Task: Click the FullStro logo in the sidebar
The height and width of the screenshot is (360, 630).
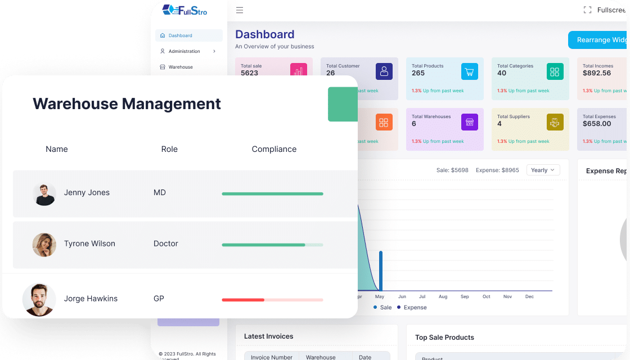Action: coord(184,10)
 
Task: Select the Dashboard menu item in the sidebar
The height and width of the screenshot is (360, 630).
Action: coord(180,35)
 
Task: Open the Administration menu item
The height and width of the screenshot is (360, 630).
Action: coord(184,51)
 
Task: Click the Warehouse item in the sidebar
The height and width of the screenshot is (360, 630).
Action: coord(181,67)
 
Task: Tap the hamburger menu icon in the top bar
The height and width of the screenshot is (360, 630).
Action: coord(240,10)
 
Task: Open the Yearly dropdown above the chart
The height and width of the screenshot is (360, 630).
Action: coord(543,170)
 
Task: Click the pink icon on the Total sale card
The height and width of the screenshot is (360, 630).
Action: coord(299,71)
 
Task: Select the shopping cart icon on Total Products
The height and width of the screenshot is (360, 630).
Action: coord(470,71)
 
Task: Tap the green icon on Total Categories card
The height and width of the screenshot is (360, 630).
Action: coord(555,71)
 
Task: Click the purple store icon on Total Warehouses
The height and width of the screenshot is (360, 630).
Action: coord(470,122)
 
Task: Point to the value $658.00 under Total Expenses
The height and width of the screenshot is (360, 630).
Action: coord(597,124)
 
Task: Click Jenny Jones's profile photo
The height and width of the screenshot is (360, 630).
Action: coord(44,194)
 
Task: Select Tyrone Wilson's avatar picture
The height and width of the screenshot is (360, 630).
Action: coord(44,245)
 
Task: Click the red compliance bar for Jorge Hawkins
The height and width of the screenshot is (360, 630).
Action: coord(243,300)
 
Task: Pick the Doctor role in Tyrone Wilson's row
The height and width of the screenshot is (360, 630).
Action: coord(165,244)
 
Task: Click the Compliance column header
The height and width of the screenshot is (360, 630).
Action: coord(274,149)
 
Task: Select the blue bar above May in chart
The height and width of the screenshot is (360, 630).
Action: coord(381,271)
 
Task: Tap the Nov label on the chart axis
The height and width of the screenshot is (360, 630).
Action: coord(507,296)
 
